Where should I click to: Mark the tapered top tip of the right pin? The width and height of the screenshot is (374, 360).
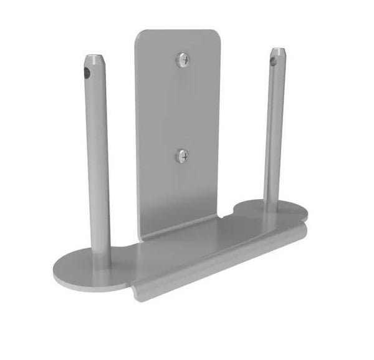tap(278, 49)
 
